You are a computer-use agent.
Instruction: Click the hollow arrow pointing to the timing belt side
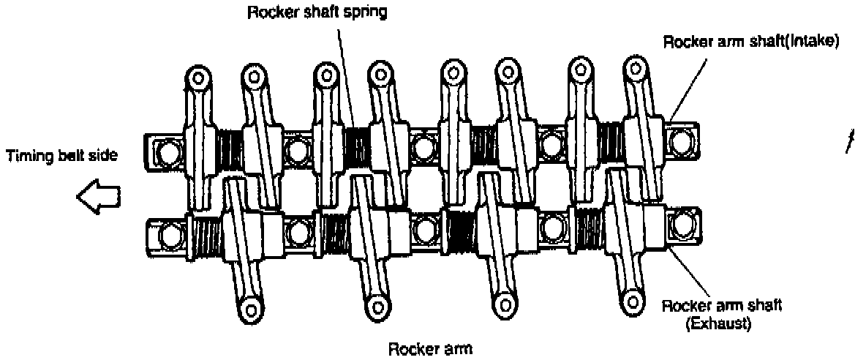pos(98,197)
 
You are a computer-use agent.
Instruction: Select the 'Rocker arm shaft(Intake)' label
pos(750,42)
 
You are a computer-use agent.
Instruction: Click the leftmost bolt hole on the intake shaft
pos(165,151)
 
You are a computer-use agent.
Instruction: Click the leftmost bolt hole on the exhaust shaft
pos(168,236)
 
